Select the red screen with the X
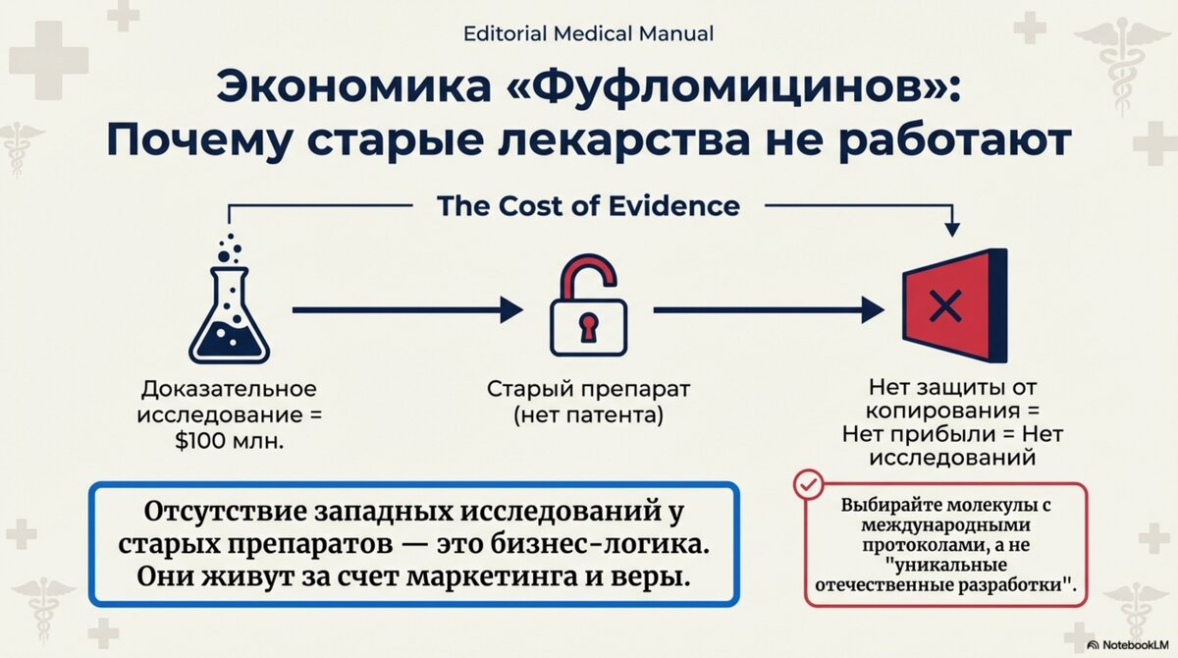click(x=952, y=307)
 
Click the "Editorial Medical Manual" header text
click(x=588, y=33)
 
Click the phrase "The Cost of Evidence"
click(x=588, y=206)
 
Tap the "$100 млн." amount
click(x=229, y=441)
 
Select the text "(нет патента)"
click(x=588, y=415)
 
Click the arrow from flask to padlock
click(x=407, y=310)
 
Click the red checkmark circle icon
click(x=809, y=485)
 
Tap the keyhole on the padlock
click(x=587, y=325)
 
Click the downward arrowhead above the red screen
click(x=951, y=228)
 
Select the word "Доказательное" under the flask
click(x=229, y=389)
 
